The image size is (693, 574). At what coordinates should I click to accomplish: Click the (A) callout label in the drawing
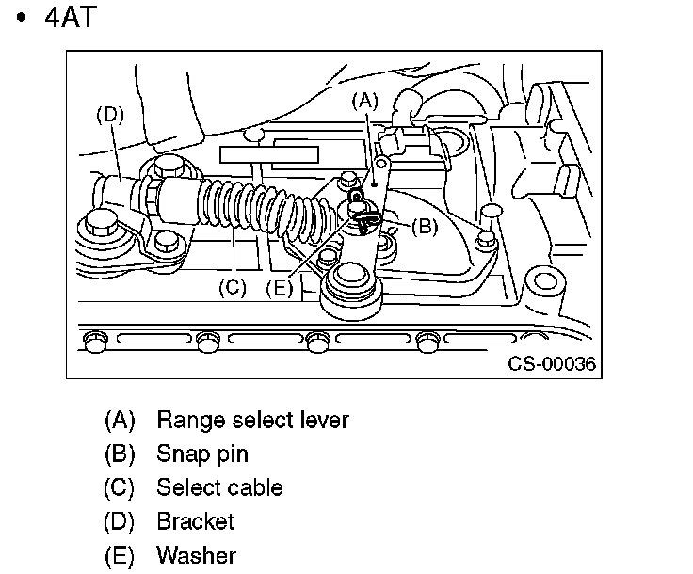(365, 101)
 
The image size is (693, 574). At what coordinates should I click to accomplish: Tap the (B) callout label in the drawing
(425, 227)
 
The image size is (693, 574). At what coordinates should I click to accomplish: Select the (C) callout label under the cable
(233, 288)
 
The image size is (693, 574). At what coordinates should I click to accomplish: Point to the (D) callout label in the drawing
(110, 115)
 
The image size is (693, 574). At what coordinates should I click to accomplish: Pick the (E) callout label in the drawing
(280, 288)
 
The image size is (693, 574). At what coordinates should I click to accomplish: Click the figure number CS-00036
(552, 364)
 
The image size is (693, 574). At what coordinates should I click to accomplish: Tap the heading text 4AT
(71, 18)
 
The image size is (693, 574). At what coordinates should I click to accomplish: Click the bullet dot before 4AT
(21, 18)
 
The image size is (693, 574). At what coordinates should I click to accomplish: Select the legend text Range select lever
(252, 420)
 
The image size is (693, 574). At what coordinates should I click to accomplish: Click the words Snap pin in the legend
(202, 454)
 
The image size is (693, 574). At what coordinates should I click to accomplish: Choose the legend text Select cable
(219, 487)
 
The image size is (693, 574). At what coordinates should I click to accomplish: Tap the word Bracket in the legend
(195, 521)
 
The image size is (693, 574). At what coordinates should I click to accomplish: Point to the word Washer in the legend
(197, 555)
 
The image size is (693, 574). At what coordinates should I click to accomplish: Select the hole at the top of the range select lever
(382, 165)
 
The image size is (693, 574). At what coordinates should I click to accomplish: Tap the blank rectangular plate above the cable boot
(268, 155)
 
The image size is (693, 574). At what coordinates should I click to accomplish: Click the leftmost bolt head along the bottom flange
(95, 343)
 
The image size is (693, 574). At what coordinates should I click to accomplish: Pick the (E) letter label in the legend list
(120, 555)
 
